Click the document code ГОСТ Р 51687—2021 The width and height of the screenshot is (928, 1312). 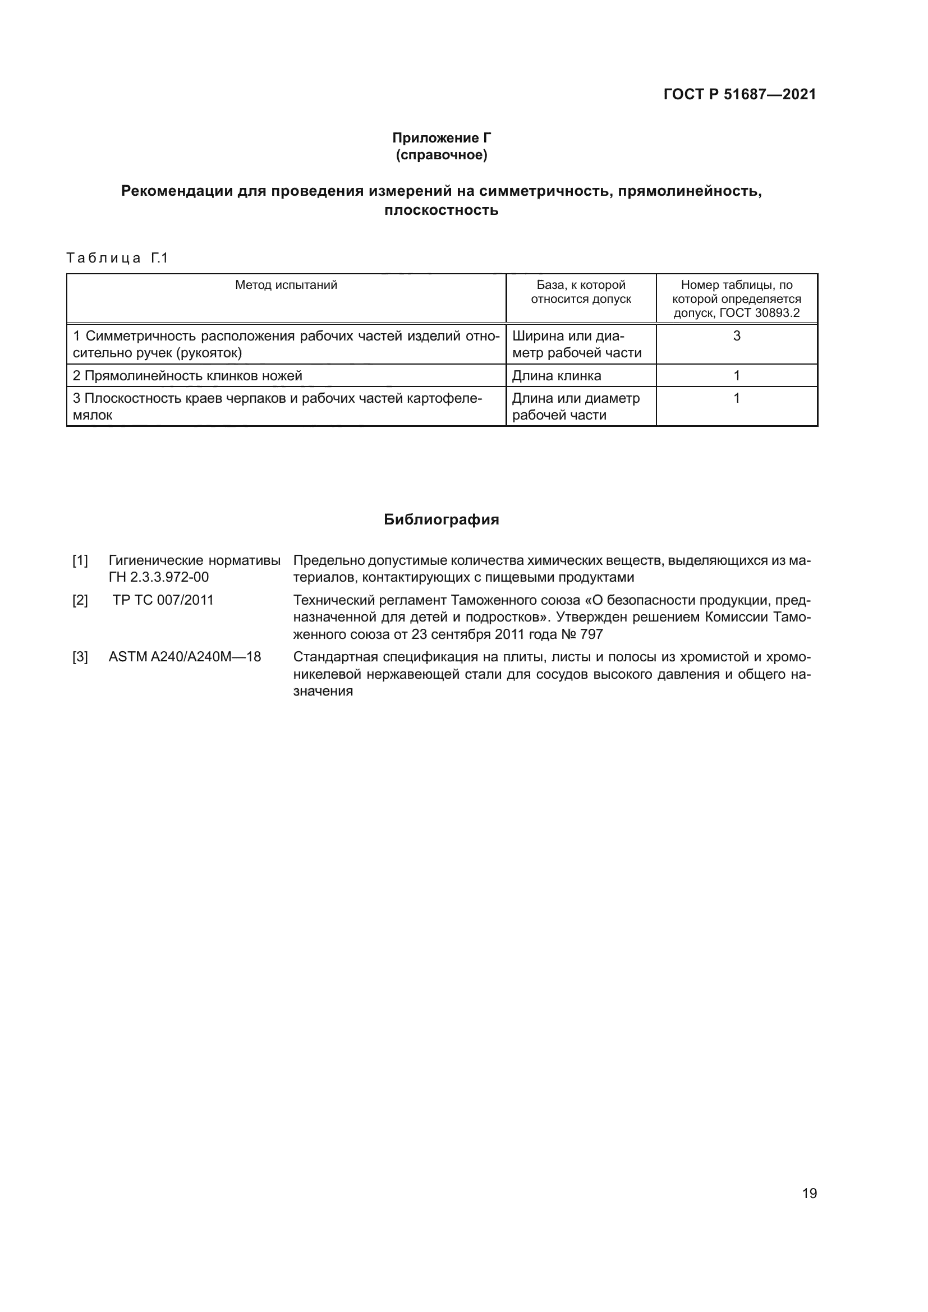tap(739, 94)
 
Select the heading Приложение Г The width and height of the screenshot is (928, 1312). tap(441, 138)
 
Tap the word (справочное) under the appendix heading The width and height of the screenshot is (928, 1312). tap(441, 155)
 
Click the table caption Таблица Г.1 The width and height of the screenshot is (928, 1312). tap(117, 258)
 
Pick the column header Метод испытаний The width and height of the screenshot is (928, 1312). tap(286, 284)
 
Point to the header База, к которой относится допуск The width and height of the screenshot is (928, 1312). tap(581, 292)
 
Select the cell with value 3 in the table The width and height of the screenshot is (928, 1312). tap(737, 336)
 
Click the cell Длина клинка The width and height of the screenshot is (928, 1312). tap(556, 375)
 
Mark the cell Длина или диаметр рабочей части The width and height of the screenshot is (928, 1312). tap(576, 406)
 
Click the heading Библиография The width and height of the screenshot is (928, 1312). tap(441, 519)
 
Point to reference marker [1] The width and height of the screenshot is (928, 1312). tap(80, 560)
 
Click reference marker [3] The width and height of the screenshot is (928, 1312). tap(80, 657)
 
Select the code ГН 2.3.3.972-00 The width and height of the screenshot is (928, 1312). tap(158, 577)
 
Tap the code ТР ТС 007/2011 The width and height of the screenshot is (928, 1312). tap(163, 600)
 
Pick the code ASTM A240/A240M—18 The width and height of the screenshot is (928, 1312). tap(185, 657)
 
